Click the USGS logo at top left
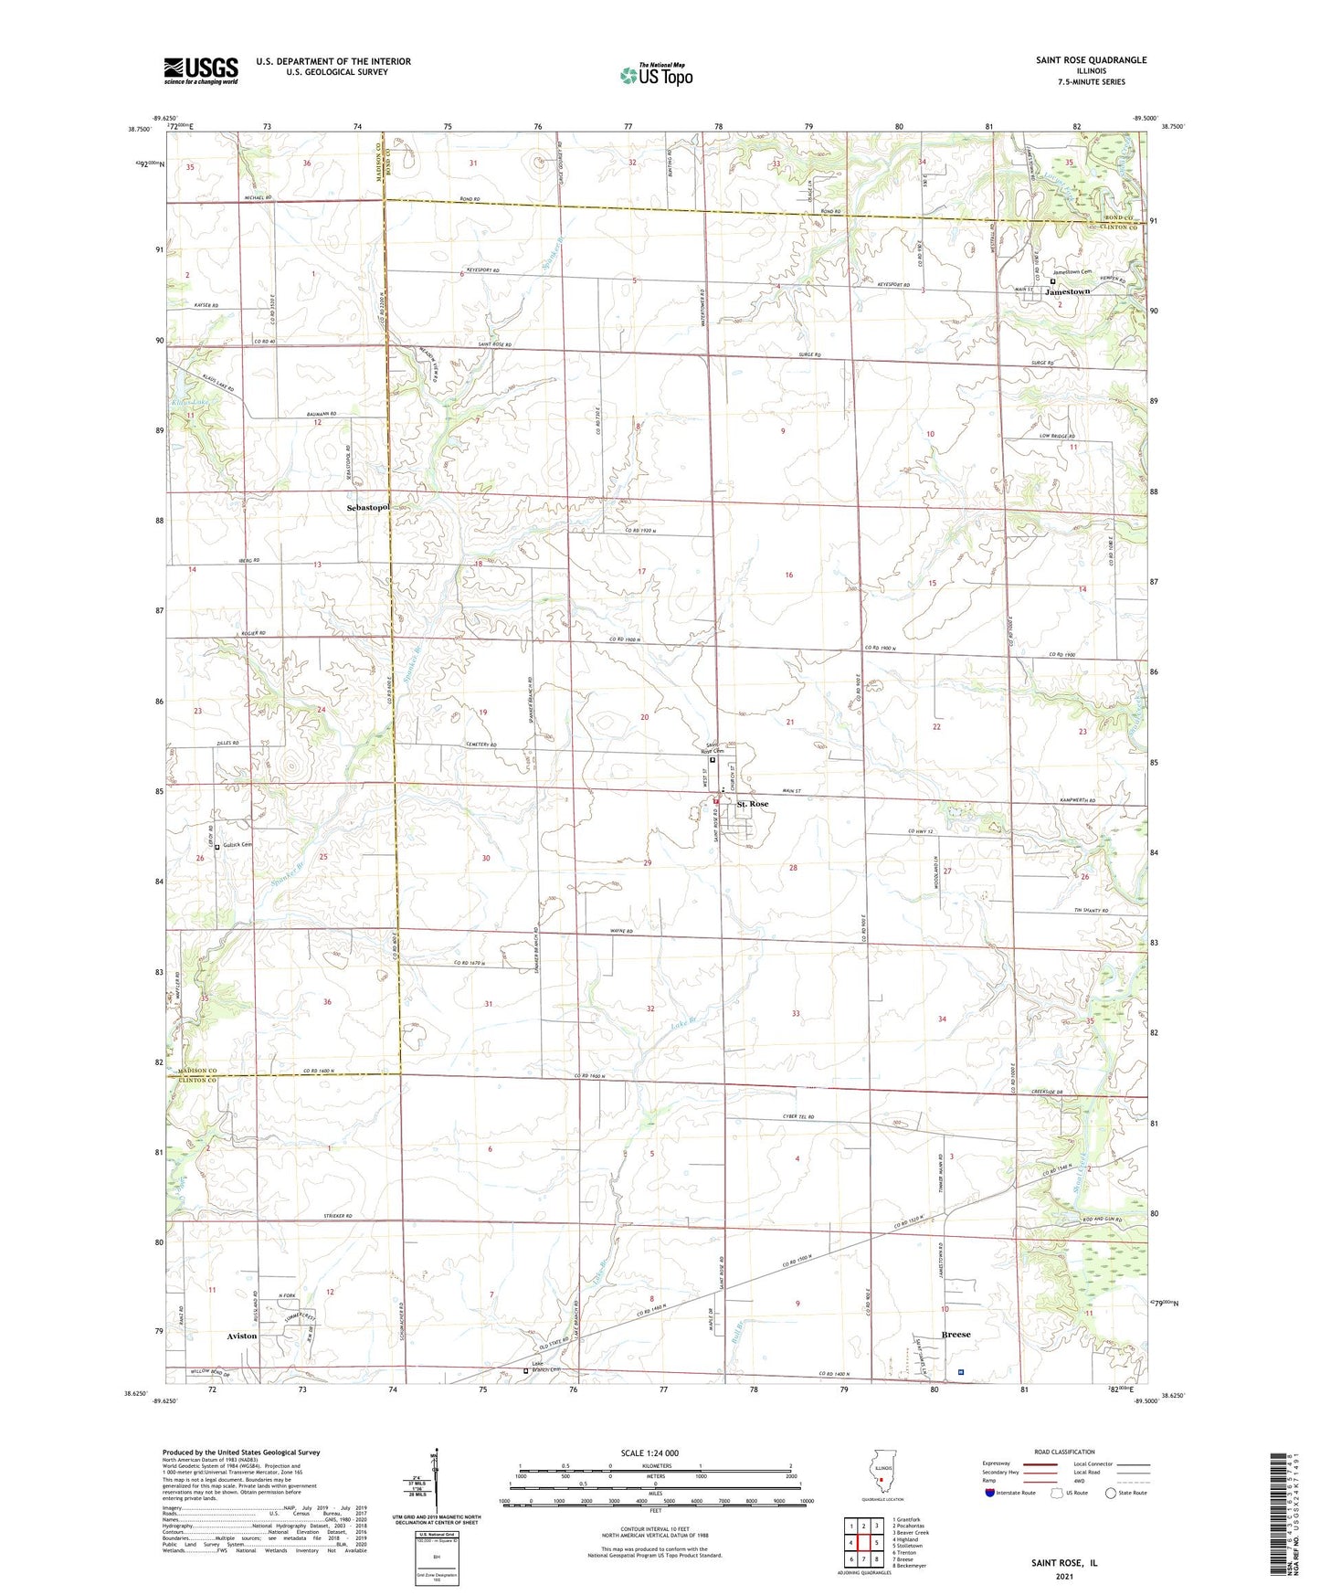click(x=201, y=70)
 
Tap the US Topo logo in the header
click(x=655, y=75)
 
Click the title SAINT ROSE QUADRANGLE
click(x=1091, y=60)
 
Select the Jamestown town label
click(x=1072, y=291)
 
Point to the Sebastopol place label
click(x=368, y=507)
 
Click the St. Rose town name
click(x=753, y=804)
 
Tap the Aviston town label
click(x=242, y=1336)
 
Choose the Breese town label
click(x=956, y=1335)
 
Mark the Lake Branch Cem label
click(x=545, y=1368)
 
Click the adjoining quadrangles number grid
click(x=863, y=1544)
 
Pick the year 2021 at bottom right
click(x=1063, y=1576)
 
